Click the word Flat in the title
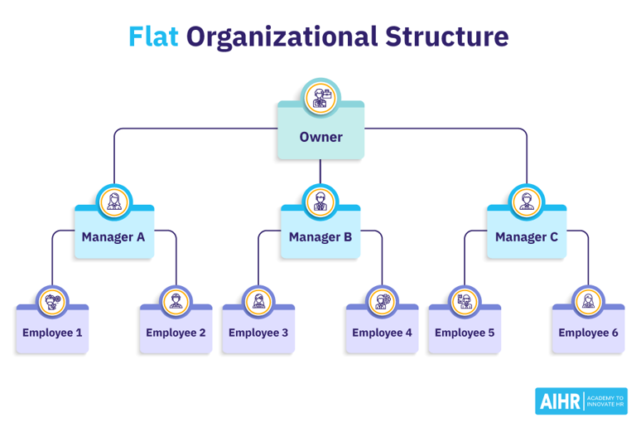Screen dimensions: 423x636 [x=153, y=37]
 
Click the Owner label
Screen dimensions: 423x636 [x=320, y=137]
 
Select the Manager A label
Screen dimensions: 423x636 [x=113, y=237]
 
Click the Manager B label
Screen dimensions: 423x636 [x=320, y=237]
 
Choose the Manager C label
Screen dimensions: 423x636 [x=527, y=237]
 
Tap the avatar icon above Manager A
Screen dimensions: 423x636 [x=113, y=202]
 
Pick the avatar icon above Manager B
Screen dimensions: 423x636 [x=320, y=202]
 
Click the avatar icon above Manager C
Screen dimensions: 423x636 [x=527, y=202]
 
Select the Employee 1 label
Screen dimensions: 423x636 [x=52, y=333]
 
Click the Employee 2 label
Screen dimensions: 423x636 [x=176, y=333]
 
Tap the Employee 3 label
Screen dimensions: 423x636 [x=258, y=333]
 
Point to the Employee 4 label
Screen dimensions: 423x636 [x=382, y=333]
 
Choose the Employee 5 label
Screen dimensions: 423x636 [x=465, y=333]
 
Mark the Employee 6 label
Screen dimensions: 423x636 [x=588, y=333]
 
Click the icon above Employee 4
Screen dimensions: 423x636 [x=382, y=301]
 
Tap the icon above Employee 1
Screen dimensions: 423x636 [x=52, y=301]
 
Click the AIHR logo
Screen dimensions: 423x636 [x=581, y=401]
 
